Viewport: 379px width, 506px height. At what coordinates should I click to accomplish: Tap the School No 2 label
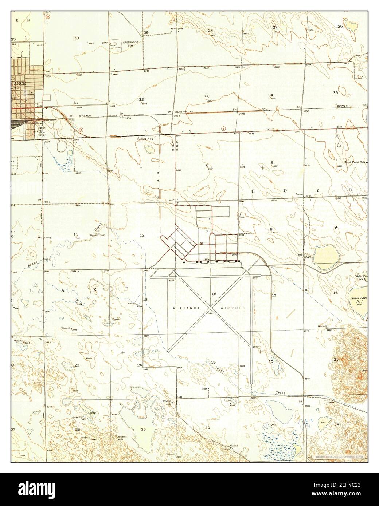coord(146,139)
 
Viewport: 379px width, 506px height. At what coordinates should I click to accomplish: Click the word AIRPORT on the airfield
coord(233,308)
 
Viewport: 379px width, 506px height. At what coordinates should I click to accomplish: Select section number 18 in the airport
coord(214,294)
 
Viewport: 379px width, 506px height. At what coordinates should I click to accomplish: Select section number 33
coord(206,97)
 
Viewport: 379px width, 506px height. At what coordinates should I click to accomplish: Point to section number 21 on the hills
coord(336,359)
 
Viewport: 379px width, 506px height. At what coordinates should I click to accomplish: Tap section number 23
coord(77,365)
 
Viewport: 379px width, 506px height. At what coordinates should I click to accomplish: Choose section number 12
coord(142,235)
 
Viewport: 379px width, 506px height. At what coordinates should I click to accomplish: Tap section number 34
coord(271,95)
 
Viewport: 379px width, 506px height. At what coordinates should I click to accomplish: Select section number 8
coord(271,229)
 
